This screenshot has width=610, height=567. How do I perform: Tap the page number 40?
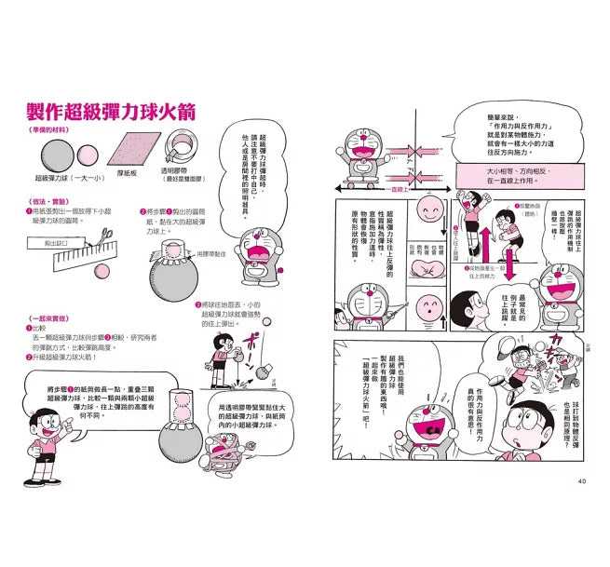pos(580,481)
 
